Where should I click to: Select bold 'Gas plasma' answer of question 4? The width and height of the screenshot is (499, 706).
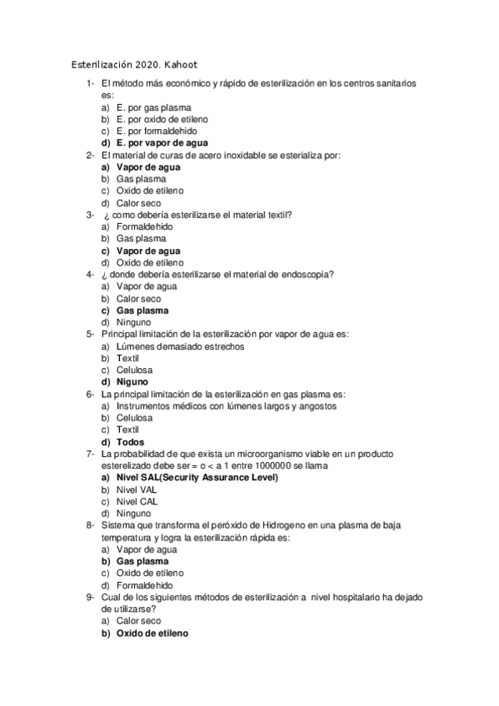click(142, 311)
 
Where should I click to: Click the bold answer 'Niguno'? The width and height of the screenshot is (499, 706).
click(133, 382)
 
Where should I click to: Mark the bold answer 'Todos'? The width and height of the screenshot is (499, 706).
click(131, 442)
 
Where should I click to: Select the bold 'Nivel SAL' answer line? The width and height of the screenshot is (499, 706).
click(197, 478)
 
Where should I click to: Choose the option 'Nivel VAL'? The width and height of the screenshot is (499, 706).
click(137, 490)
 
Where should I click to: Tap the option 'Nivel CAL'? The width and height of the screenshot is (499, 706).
click(137, 502)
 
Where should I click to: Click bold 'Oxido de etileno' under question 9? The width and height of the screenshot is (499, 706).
click(152, 634)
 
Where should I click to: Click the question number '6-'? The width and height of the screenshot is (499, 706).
click(90, 394)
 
